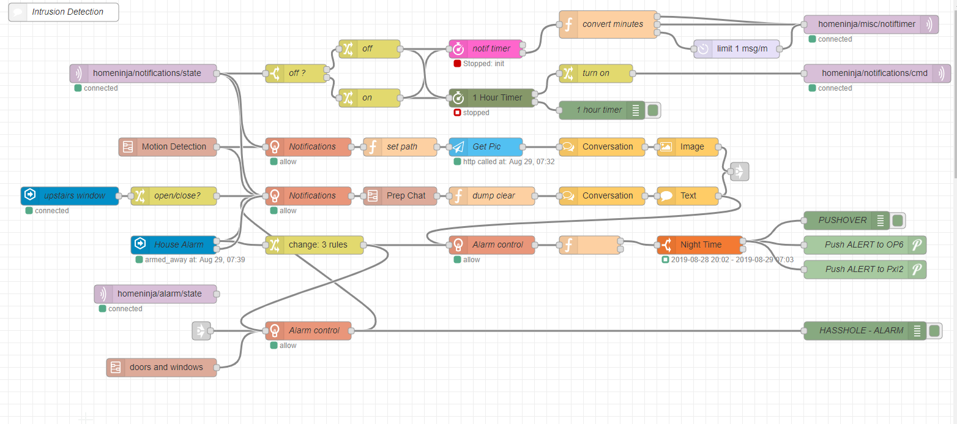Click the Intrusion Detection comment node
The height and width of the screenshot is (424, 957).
(64, 12)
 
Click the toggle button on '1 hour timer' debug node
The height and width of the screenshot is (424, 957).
(653, 110)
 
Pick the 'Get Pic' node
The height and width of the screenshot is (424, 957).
(486, 146)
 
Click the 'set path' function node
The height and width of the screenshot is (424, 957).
(401, 146)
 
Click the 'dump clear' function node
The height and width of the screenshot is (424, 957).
(493, 195)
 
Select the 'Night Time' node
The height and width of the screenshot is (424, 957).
(701, 244)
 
